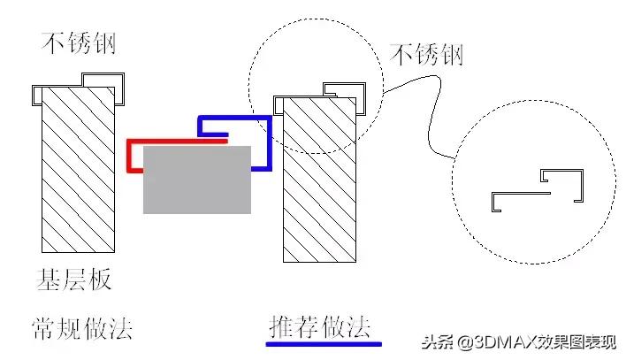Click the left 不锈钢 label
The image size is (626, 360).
coord(79,41)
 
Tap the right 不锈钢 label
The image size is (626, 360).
coord(427,55)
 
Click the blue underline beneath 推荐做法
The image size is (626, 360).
coord(325,343)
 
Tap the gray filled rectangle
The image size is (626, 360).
coord(196,180)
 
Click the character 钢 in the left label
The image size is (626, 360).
coord(103,41)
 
